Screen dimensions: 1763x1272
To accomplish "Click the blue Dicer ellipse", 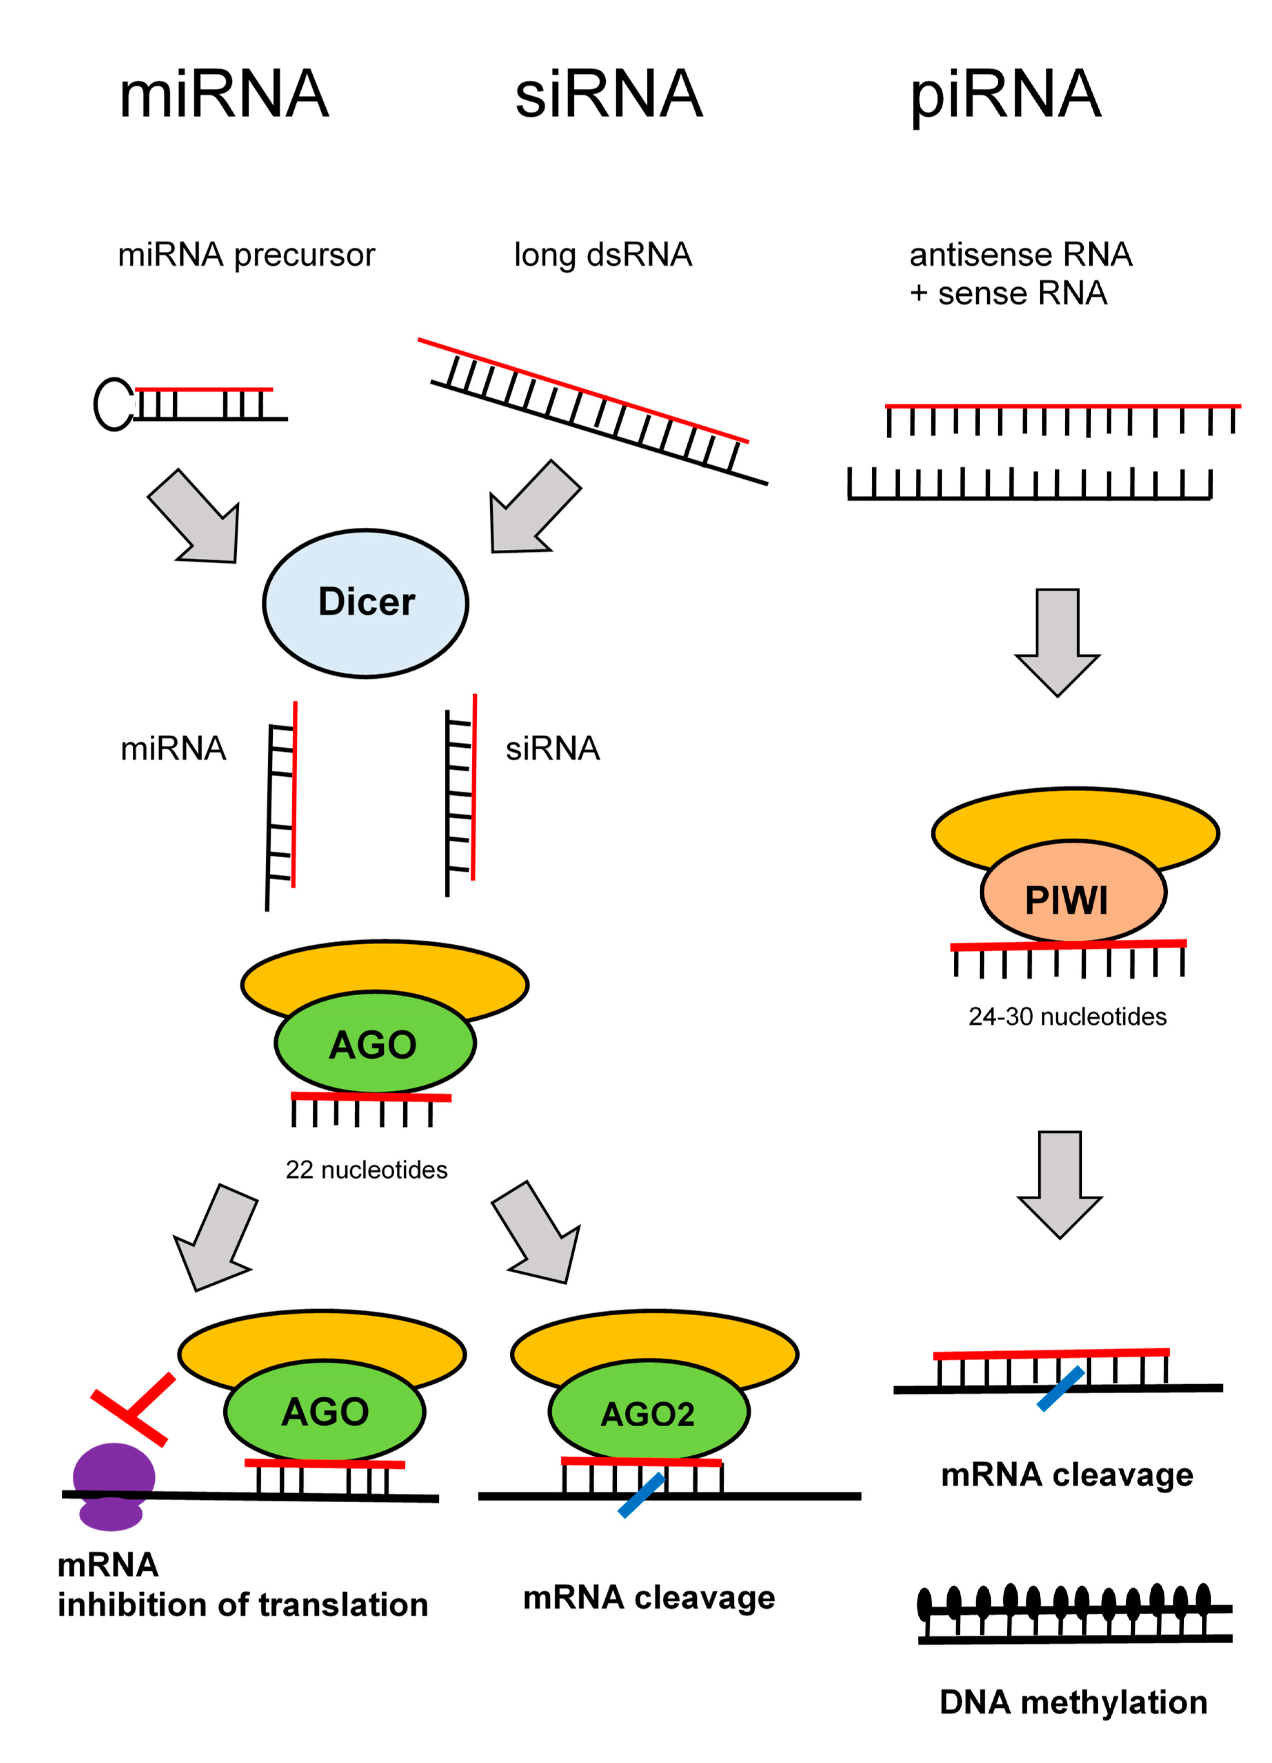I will click(365, 602).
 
